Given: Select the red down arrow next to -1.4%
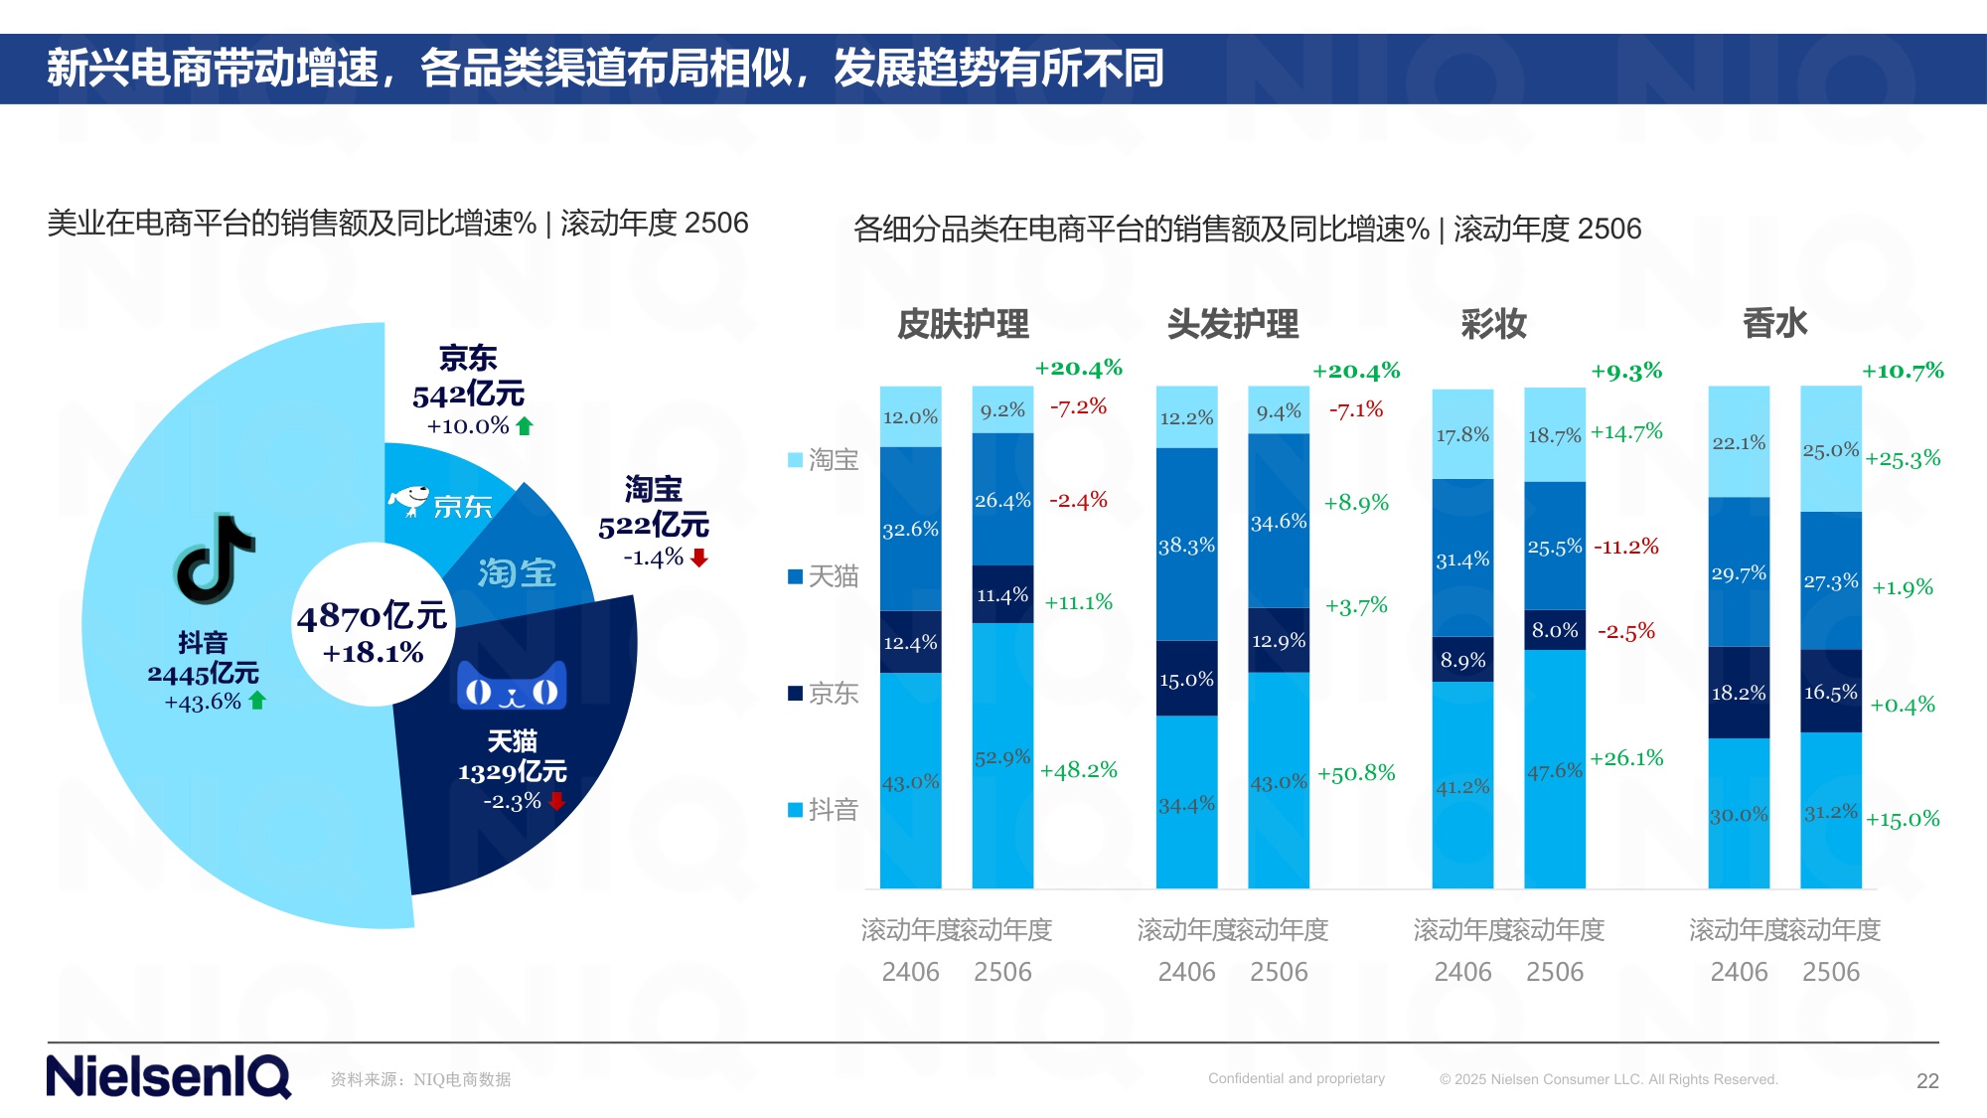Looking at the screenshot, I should pos(699,558).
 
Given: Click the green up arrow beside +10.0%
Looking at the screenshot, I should pos(525,426).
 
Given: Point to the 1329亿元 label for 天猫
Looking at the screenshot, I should pos(512,771).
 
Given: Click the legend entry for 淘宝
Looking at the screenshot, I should pos(823,459).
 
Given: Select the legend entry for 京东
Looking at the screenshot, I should pos(823,693).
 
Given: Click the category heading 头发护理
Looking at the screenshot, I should pos(1232,324).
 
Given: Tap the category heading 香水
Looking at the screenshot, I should pos(1774,324).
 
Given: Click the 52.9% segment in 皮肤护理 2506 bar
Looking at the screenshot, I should pos(1002,757).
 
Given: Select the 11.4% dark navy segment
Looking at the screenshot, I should pos(1002,594).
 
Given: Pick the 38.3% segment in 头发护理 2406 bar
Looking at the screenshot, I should pos(1186,545).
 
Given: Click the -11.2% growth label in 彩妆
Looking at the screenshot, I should pos(1626,547).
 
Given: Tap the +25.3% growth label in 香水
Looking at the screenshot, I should pos(1903,459).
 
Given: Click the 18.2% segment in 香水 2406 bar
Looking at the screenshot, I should pos(1739,693).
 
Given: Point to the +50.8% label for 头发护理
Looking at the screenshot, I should pos(1356,773).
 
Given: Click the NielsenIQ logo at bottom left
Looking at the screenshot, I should pos(169,1077).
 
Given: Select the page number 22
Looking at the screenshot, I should pos(1927,1081).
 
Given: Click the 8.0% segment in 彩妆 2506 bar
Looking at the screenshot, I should pos(1555,630).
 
